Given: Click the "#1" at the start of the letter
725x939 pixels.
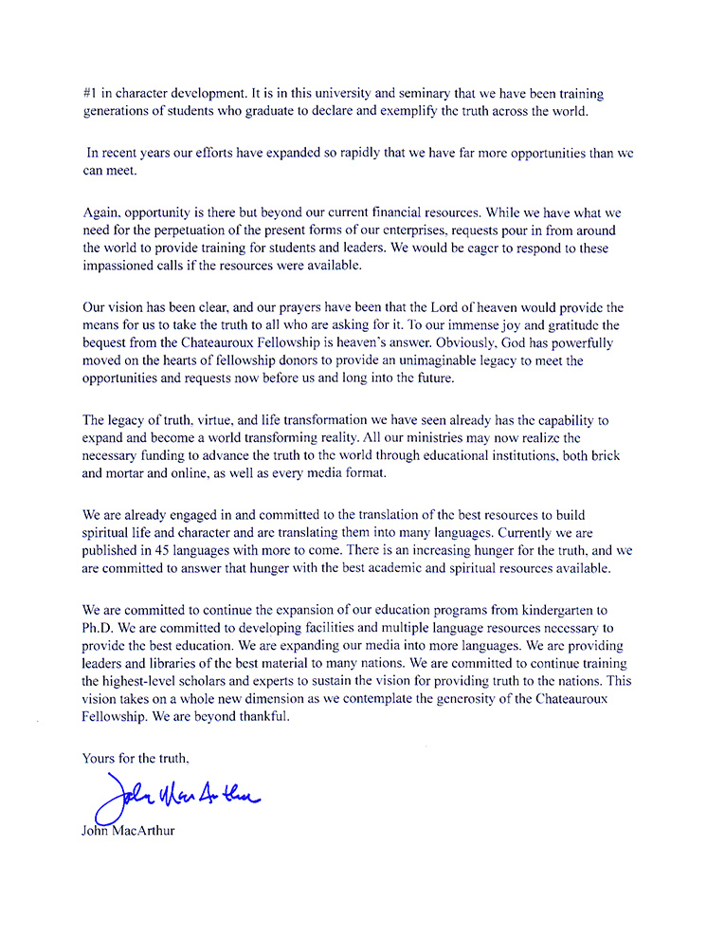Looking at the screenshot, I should point(90,95).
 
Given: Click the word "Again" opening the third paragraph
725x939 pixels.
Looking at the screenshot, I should point(101,213).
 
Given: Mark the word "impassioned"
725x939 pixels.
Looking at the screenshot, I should point(121,267).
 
